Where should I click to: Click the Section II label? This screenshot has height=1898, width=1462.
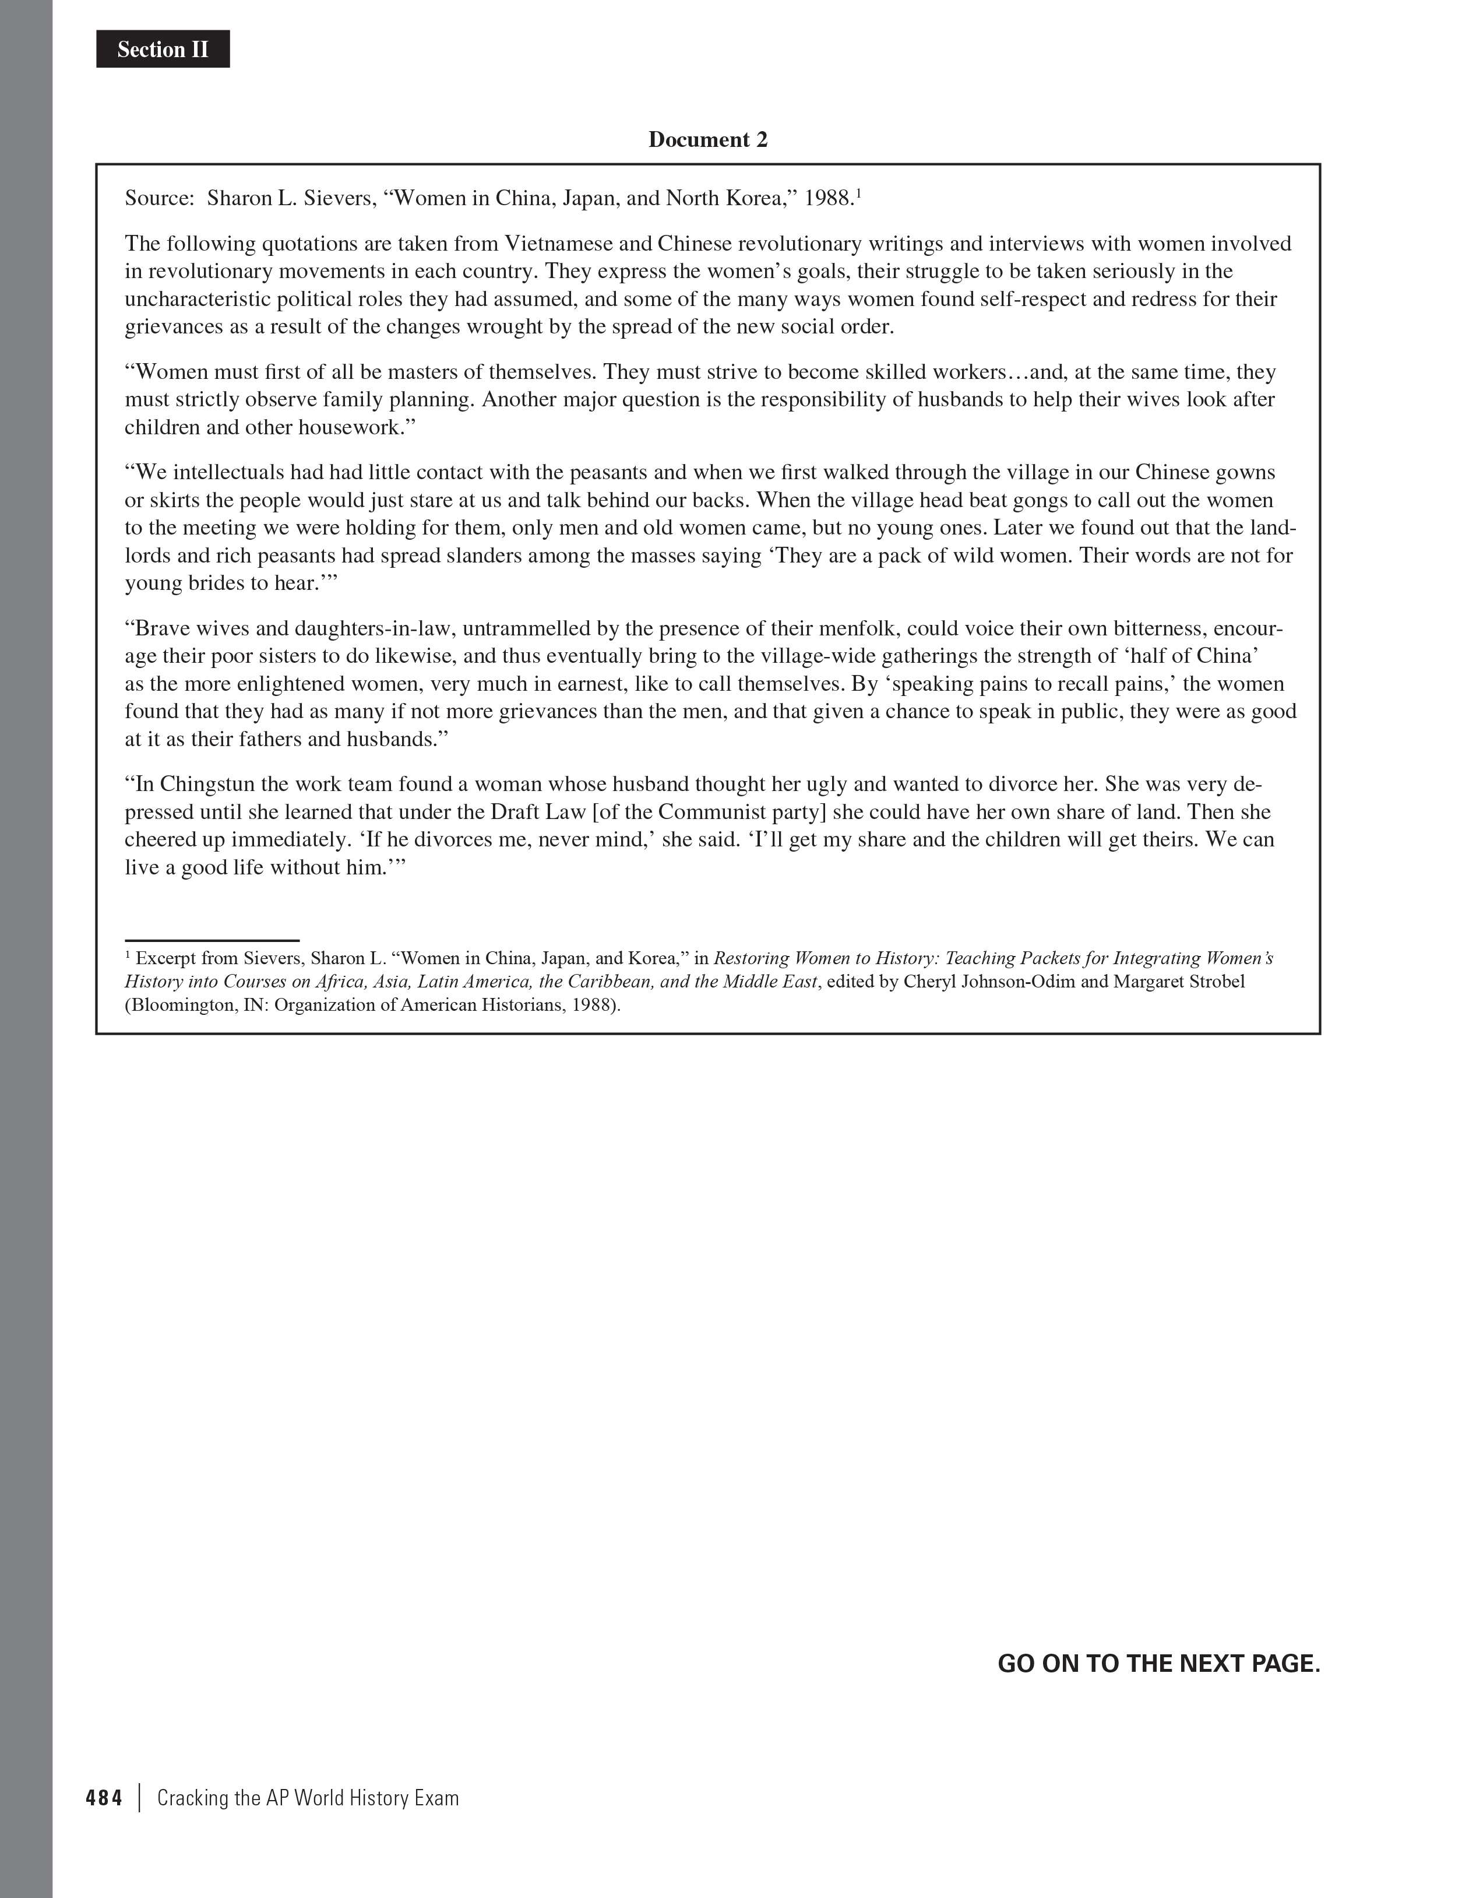pyautogui.click(x=163, y=50)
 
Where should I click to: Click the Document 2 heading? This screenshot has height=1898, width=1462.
pyautogui.click(x=708, y=140)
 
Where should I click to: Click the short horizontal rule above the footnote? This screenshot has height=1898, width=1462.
pyautogui.click(x=212, y=940)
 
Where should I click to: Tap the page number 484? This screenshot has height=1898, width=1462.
pyautogui.click(x=104, y=1798)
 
